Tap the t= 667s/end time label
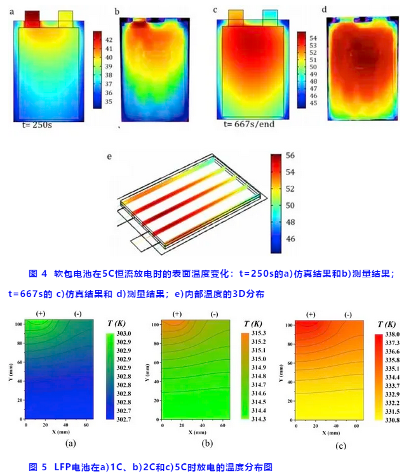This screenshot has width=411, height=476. pos(249,124)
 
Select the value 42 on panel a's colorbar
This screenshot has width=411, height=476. pos(108,39)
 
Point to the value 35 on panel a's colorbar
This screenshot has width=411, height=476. pos(108,102)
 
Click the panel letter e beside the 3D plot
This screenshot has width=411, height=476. pos(112,154)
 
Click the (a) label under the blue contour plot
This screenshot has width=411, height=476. pos(71,443)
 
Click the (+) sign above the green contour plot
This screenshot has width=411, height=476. pos(177,314)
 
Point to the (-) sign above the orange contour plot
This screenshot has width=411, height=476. pos(348,315)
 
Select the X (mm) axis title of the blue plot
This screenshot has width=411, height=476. pos(61,432)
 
